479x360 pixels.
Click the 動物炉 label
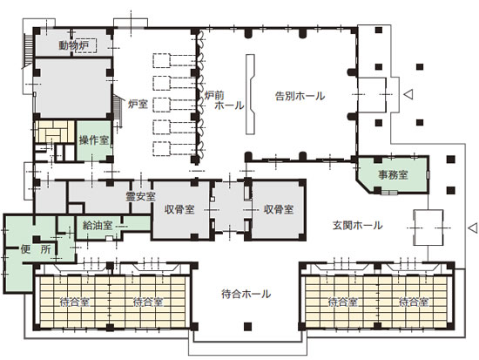click(x=73, y=44)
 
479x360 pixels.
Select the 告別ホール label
click(x=299, y=96)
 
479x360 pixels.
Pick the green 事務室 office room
click(x=393, y=174)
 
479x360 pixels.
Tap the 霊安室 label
click(x=139, y=195)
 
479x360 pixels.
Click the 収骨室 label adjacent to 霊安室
click(x=179, y=210)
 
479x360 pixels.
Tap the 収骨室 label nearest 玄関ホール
click(x=279, y=210)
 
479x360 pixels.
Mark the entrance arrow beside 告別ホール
click(x=408, y=91)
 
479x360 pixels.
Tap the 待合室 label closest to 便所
click(x=74, y=302)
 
